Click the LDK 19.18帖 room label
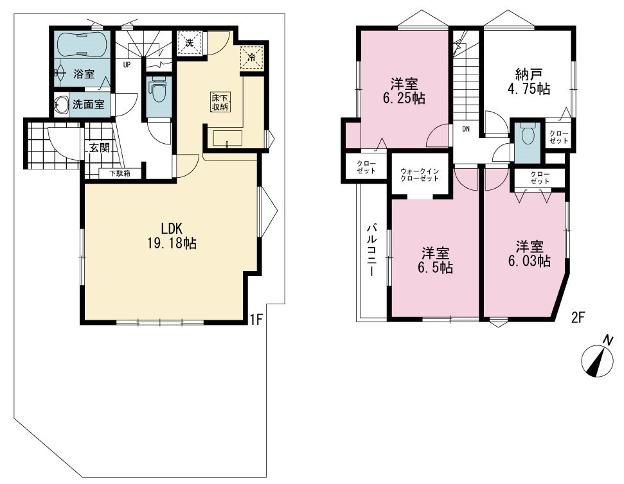pos(172,236)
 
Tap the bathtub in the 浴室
pos(82,44)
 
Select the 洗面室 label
pos(88,105)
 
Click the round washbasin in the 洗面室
pos(61,105)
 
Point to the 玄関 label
pos(99,148)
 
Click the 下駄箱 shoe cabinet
pos(120,173)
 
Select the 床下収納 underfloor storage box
pos(220,101)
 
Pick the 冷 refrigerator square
pos(251,57)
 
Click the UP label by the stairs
pos(127,65)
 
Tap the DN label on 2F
pos(466,129)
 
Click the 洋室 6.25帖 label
pos(404,91)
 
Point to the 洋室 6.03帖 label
pos(530,254)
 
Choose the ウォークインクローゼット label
pos(420,175)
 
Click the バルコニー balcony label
pos(371,250)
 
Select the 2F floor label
pos(578,318)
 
